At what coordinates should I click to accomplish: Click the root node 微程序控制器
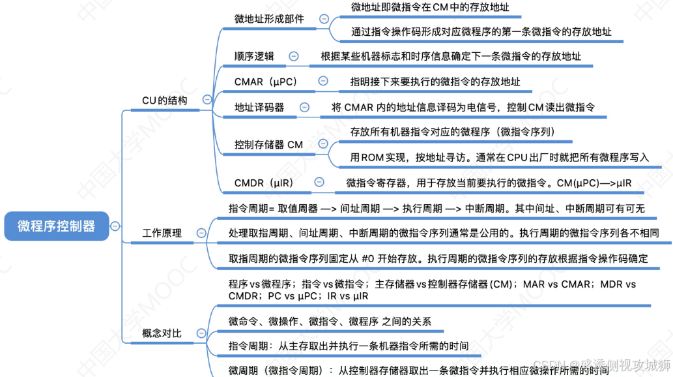click(56, 226)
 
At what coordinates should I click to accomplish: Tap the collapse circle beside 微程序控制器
click(115, 226)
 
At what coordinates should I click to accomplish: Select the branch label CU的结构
click(164, 100)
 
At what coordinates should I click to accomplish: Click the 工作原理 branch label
click(162, 233)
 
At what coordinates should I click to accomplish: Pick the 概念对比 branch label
click(162, 333)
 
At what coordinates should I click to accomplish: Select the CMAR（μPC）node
click(266, 82)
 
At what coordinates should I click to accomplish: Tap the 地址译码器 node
click(259, 108)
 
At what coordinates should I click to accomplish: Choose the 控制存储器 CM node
click(268, 144)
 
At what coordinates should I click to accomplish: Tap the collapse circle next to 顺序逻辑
click(294, 56)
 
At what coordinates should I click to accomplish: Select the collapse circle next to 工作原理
click(201, 233)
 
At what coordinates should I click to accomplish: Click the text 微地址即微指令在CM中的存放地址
click(430, 7)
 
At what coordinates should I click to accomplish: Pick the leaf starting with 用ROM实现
click(500, 157)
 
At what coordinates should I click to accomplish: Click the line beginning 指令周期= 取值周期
click(437, 208)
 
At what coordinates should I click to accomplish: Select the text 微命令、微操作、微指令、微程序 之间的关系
click(330, 321)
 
